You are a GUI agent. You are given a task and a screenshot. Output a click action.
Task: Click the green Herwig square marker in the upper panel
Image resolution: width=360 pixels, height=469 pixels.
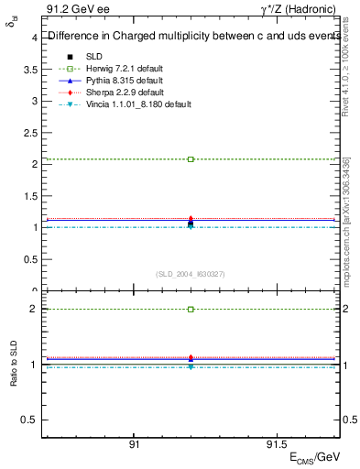[191, 159]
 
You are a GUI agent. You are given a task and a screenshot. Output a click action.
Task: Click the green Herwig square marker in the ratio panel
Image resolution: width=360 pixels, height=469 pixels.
[191, 310]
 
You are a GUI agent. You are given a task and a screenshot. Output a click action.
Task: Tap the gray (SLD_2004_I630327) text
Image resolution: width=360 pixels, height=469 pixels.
[191, 274]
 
